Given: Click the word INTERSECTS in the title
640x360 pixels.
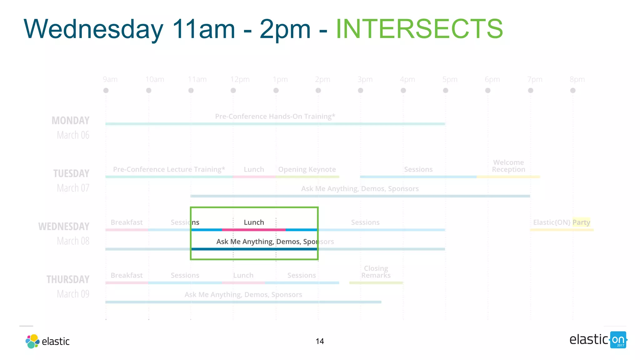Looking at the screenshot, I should pyautogui.click(x=419, y=29).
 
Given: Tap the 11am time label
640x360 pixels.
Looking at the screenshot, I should pyautogui.click(x=197, y=79).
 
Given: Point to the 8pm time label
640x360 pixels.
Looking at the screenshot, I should pyautogui.click(x=577, y=79).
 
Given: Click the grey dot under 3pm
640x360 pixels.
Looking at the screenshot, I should pyautogui.click(x=361, y=90).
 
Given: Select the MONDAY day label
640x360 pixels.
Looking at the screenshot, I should pyautogui.click(x=71, y=121).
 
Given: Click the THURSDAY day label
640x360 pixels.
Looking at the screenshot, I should pyautogui.click(x=68, y=279).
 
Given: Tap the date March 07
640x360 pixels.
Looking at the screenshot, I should pyautogui.click(x=73, y=188).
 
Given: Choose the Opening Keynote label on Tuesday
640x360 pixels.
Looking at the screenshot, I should pyautogui.click(x=307, y=169).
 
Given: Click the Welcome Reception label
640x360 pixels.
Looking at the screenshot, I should pyautogui.click(x=508, y=166).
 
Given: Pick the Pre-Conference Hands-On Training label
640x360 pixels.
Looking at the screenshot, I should pyautogui.click(x=275, y=116).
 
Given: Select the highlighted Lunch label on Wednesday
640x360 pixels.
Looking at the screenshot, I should pyautogui.click(x=254, y=222).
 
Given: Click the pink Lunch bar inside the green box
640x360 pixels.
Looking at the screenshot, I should pyautogui.click(x=254, y=230).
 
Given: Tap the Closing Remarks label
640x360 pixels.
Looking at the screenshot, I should pyautogui.click(x=376, y=272).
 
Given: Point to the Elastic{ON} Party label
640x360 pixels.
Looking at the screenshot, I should pyautogui.click(x=562, y=222).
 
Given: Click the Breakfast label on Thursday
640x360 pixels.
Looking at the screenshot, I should pyautogui.click(x=127, y=275).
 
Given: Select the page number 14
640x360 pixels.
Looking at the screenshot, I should pyautogui.click(x=320, y=341).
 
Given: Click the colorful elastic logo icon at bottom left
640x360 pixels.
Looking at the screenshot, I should pyautogui.click(x=32, y=341).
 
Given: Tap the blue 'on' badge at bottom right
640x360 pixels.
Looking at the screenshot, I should pyautogui.click(x=618, y=340).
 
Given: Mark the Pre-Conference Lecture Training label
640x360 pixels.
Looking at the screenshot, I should pyautogui.click(x=169, y=169).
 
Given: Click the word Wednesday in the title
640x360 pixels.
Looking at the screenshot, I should pyautogui.click(x=93, y=29).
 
